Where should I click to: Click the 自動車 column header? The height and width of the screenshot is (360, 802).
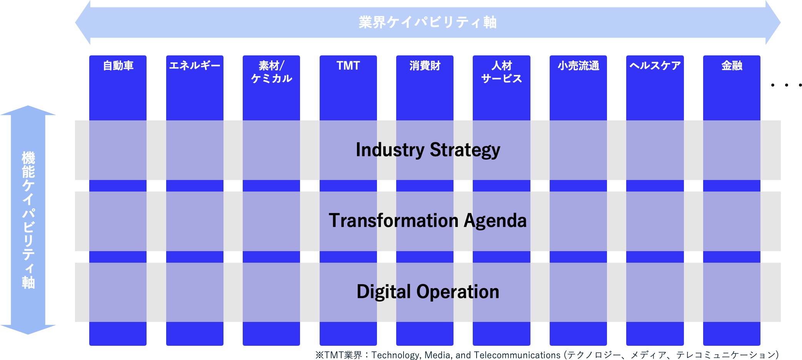[118, 66]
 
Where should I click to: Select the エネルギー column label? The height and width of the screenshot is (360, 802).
[195, 66]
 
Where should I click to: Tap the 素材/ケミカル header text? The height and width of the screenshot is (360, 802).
[272, 72]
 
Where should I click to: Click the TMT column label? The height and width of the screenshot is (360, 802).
[348, 66]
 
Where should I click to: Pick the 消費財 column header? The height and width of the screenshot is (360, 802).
[425, 66]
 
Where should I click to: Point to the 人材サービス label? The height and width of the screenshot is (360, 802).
[502, 72]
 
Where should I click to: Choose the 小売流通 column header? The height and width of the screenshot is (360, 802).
[578, 66]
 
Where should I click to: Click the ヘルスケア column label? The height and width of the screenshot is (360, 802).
[655, 66]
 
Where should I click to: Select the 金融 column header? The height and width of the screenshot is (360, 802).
[732, 66]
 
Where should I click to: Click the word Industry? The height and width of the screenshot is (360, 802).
[390, 150]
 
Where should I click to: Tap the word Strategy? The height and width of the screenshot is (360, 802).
[465, 150]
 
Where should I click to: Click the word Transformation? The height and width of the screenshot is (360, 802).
[393, 221]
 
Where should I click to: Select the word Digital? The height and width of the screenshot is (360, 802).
[384, 292]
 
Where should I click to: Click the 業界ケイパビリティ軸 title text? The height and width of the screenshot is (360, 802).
[428, 22]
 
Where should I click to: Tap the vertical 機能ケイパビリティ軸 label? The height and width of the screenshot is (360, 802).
[28, 220]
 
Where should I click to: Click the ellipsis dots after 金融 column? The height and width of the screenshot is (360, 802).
[787, 85]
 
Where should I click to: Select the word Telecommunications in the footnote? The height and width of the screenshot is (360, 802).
[517, 355]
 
